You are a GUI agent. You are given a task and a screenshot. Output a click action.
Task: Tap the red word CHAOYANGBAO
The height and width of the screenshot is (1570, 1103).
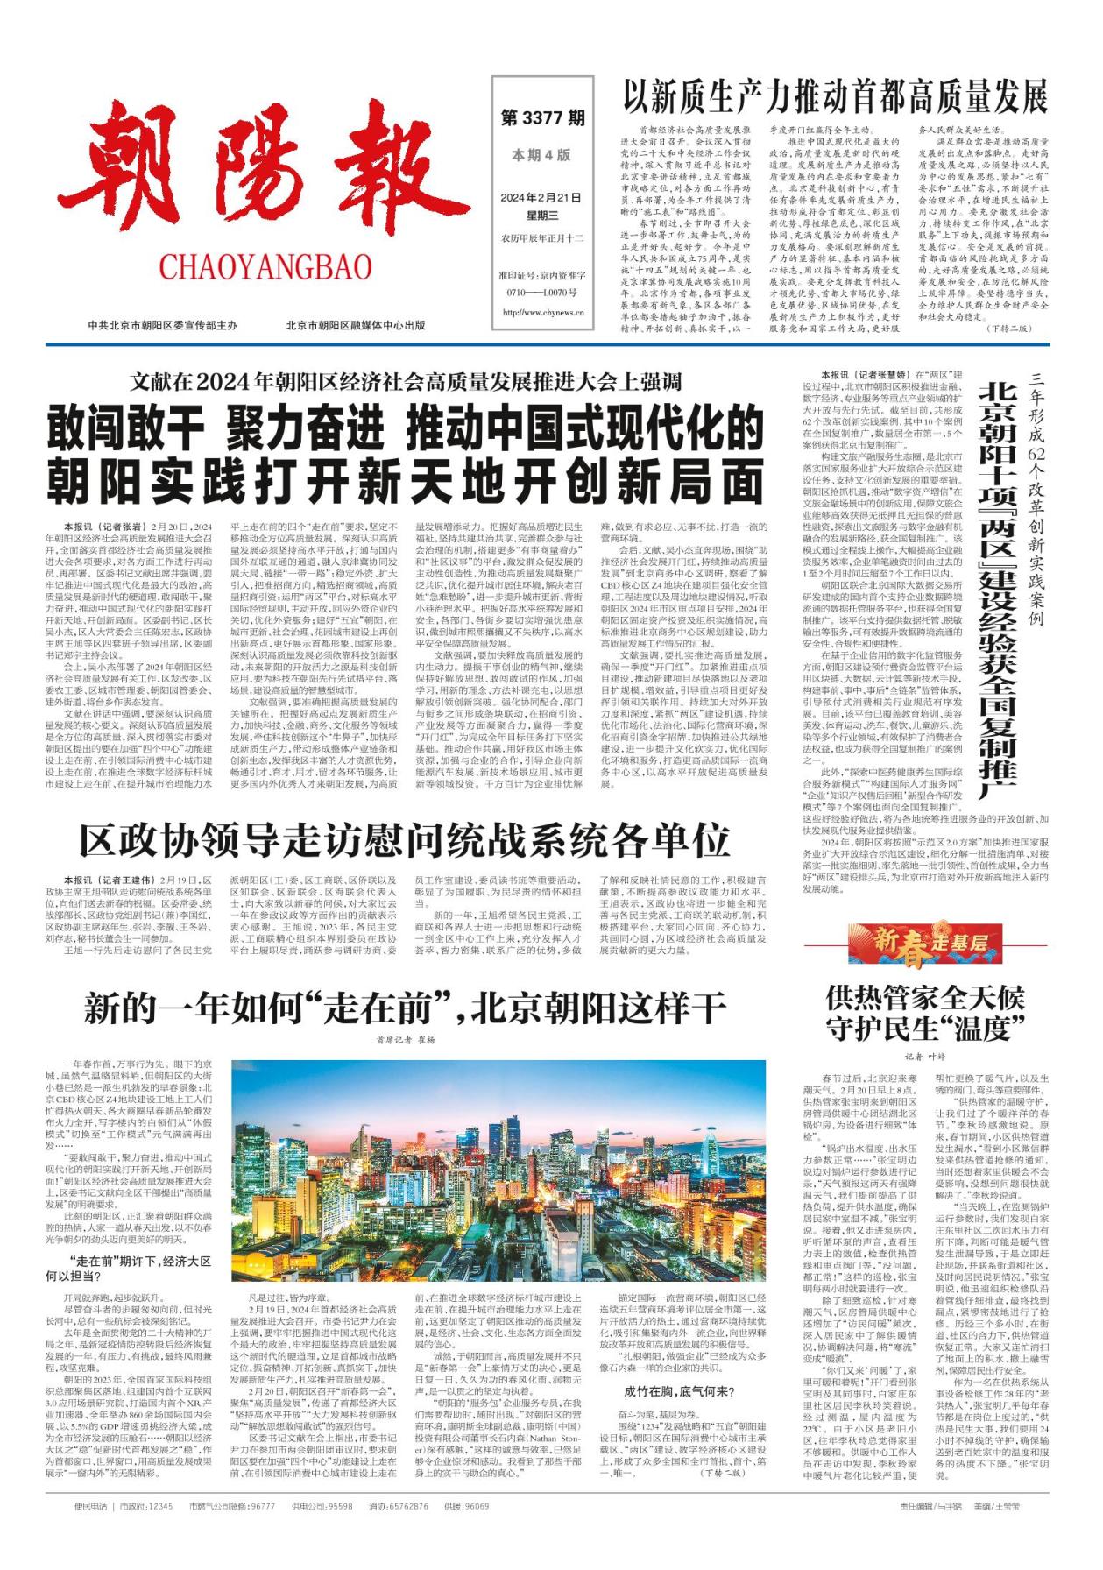point(266,266)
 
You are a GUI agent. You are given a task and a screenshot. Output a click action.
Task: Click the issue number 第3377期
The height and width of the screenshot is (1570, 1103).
point(542,117)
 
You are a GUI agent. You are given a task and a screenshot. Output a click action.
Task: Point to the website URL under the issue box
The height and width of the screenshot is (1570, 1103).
point(543,312)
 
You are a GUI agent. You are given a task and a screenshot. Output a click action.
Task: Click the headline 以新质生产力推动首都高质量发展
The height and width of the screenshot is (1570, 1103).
point(835,95)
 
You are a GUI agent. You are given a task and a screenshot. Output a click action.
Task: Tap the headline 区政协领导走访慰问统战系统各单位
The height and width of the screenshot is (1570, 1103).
point(405,838)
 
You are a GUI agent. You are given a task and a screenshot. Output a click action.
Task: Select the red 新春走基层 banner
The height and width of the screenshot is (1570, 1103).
point(924,943)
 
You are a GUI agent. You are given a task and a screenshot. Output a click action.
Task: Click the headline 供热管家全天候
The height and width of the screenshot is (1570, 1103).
point(925,997)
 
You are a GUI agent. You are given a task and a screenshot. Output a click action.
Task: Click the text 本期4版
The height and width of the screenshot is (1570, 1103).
point(541,155)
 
